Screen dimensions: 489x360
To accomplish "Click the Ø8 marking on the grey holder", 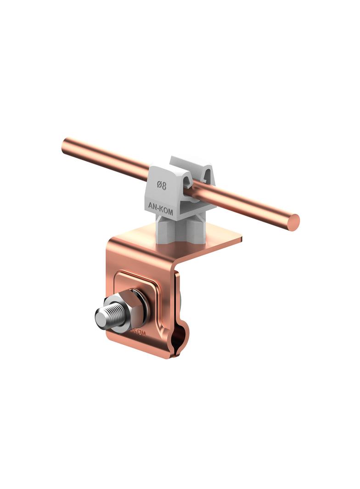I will (x=161, y=185).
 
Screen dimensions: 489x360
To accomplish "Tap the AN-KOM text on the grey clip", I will (x=161, y=206).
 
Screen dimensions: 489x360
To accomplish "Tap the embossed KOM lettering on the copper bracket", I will (x=138, y=333).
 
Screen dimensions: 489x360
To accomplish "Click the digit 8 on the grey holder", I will (x=164, y=185).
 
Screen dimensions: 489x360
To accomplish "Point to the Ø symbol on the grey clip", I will (x=158, y=185).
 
